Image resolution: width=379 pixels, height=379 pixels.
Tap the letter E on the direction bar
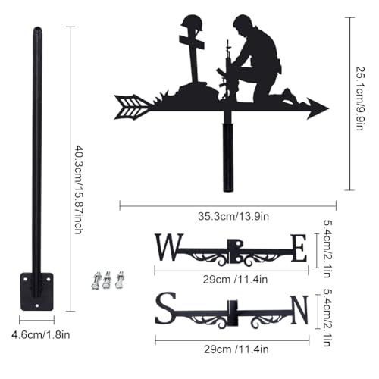(299, 248)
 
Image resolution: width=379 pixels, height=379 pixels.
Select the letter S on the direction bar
(165, 308)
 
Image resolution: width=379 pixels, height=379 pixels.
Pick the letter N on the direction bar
(300, 310)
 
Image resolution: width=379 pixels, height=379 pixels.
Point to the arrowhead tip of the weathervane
(328, 108)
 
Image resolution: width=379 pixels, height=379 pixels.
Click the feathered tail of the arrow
(131, 107)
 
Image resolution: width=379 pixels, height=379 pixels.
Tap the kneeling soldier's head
(242, 24)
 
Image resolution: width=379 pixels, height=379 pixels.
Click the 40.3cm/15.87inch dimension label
(79, 189)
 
